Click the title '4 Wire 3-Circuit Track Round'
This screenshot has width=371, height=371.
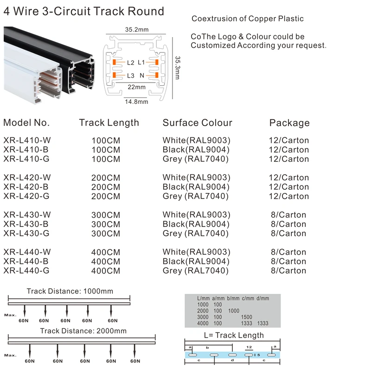pos(84,11)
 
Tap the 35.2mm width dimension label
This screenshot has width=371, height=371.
pos(136,30)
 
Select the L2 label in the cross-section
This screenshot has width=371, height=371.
pos(130,62)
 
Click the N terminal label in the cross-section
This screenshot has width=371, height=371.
pos(142,75)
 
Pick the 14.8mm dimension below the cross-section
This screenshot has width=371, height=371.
pos(136,102)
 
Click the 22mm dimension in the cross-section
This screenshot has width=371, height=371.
pos(137,87)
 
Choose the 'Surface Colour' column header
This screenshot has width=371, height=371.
pos(197,123)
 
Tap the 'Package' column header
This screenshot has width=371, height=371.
pos(289,123)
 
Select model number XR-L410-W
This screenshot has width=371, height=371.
pos(27,140)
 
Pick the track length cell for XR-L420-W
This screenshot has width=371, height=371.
pos(106,178)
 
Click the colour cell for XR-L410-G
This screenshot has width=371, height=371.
pos(196,159)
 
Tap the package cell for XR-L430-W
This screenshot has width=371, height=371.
pos(288,215)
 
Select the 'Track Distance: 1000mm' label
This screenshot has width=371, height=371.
pos(70,291)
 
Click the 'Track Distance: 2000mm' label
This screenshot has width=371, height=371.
pos(83,331)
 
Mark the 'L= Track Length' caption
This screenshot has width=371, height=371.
pos(234,335)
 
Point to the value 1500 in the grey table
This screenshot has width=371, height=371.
pos(246,317)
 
